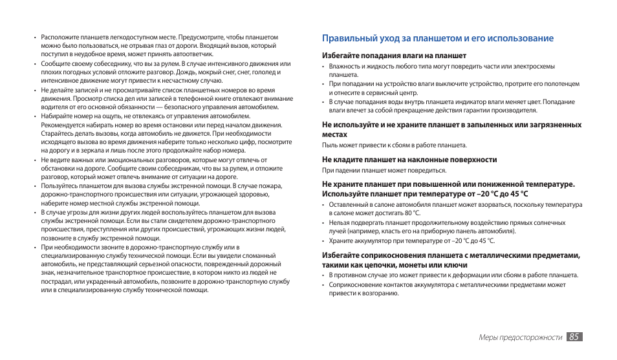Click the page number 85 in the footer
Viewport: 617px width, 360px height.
[574, 337]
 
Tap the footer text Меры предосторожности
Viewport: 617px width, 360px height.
[520, 337]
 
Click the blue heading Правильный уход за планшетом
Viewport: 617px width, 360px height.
[438, 38]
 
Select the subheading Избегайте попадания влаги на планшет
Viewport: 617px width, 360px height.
[394, 56]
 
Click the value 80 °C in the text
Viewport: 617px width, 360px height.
[413, 213]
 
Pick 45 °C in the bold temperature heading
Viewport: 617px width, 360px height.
[515, 194]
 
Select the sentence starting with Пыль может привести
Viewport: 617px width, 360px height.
[394, 145]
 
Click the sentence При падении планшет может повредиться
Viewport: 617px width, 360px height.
[384, 171]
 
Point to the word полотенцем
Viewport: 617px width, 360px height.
[557, 84]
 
